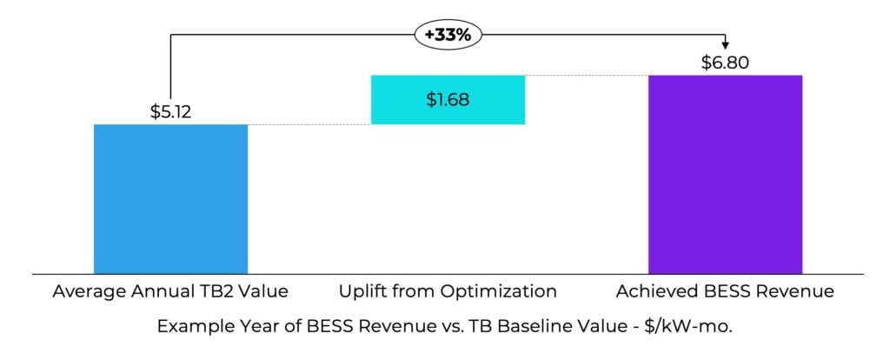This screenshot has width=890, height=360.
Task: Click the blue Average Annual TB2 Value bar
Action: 170,198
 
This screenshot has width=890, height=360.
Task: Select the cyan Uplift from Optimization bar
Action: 448,99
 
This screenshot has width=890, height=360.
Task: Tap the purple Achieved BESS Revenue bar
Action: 725,174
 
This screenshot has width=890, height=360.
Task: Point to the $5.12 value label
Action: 170,110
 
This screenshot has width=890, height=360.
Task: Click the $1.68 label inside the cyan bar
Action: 448,99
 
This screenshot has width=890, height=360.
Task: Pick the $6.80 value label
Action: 725,63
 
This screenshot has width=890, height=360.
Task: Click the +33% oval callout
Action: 448,36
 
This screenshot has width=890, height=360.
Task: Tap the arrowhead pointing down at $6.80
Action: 725,45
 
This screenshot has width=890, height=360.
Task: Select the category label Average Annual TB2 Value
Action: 170,292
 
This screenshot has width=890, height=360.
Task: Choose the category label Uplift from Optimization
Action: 448,292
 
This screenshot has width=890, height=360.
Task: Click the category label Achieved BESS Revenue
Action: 725,292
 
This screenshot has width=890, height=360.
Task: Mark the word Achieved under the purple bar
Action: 651,292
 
